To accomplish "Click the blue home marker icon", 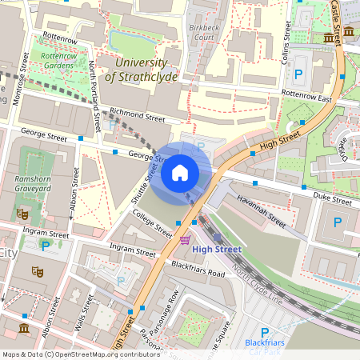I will (x=179, y=172).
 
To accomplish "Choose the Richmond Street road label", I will (x=137, y=115).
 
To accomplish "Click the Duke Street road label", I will (x=331, y=197).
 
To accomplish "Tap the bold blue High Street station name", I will (x=217, y=250).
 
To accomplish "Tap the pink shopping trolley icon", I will (x=186, y=239).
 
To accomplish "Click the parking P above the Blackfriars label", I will (x=265, y=332).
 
